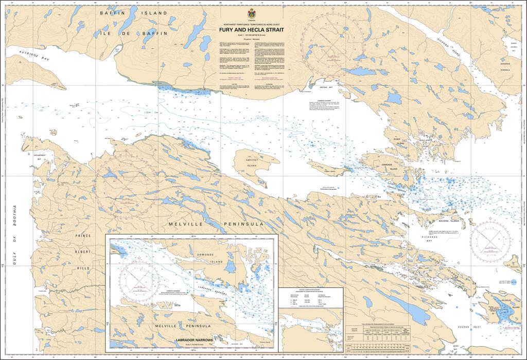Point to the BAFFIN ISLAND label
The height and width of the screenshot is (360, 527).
(x=134, y=12)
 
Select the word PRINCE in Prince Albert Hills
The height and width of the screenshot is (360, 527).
(x=82, y=236)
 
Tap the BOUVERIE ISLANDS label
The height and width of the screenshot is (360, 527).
(x=447, y=220)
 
